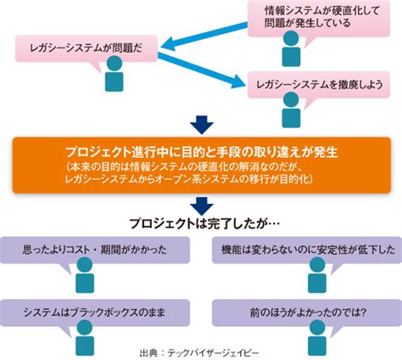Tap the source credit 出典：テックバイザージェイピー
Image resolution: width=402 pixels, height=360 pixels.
click(x=201, y=352)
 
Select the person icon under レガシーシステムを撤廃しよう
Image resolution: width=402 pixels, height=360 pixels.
click(x=290, y=110)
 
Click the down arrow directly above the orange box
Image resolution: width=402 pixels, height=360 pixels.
click(x=201, y=125)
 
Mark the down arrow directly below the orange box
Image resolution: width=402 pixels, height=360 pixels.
click(x=201, y=204)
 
